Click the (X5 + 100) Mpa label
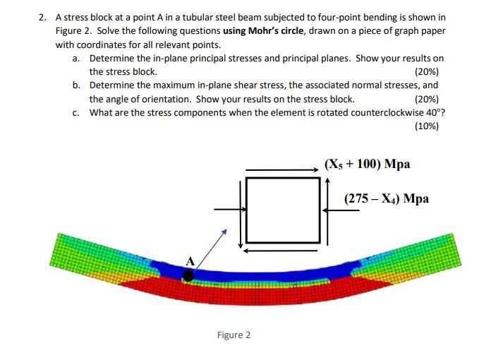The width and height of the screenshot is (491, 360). (367, 164)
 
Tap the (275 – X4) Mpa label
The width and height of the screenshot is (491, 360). (387, 198)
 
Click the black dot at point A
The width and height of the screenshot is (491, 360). (188, 276)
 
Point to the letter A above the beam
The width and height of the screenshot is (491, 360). (189, 262)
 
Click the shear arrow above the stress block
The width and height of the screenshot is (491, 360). (282, 169)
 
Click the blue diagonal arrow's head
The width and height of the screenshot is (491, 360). (225, 230)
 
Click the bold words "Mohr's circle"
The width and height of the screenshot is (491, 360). (283, 30)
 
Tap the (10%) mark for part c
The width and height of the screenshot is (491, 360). (427, 126)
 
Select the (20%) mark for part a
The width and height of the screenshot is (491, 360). (427, 72)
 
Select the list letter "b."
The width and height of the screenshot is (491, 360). (76, 85)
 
